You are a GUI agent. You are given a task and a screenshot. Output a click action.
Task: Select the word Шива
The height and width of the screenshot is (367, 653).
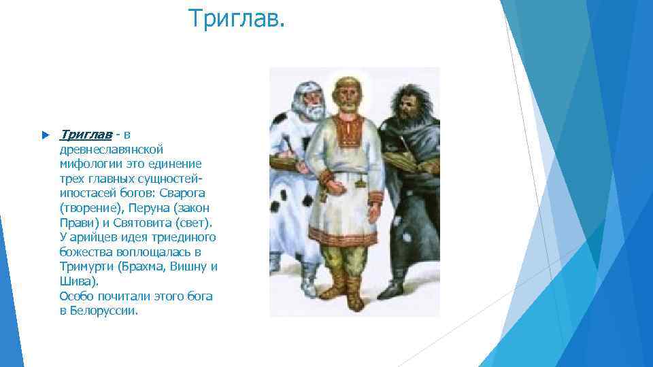(76, 281)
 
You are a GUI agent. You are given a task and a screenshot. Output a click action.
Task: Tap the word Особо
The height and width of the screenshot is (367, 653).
(76, 296)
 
